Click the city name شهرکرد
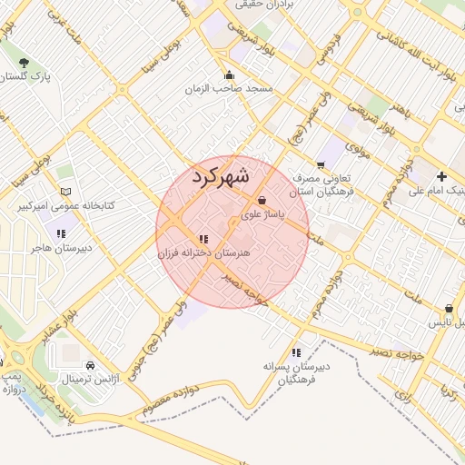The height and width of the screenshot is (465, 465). coord(221,177)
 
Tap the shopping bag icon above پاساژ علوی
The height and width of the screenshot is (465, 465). coord(262,201)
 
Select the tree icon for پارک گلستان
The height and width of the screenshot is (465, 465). coord(24,63)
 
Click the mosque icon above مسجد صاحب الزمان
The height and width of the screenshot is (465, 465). coord(230,75)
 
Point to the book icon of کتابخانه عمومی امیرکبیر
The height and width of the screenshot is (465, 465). coord(64,192)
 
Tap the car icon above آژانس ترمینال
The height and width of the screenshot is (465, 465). coord(88,365)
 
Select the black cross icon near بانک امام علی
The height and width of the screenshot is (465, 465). coord(441,175)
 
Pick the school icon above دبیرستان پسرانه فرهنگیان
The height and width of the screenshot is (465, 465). coord(296,352)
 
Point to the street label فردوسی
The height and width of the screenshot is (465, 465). coord(325,47)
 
